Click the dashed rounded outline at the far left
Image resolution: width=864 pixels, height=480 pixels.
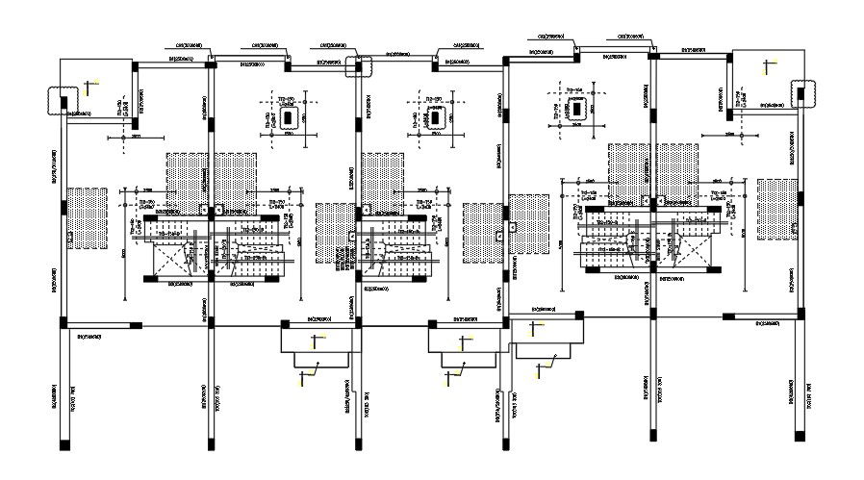click(60, 100)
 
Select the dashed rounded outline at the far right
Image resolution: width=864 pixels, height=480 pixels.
click(803, 95)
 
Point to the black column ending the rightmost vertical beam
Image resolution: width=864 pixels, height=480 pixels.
click(800, 435)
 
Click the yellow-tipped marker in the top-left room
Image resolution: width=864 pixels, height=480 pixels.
click(89, 87)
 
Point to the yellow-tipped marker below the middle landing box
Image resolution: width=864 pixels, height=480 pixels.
click(446, 377)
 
